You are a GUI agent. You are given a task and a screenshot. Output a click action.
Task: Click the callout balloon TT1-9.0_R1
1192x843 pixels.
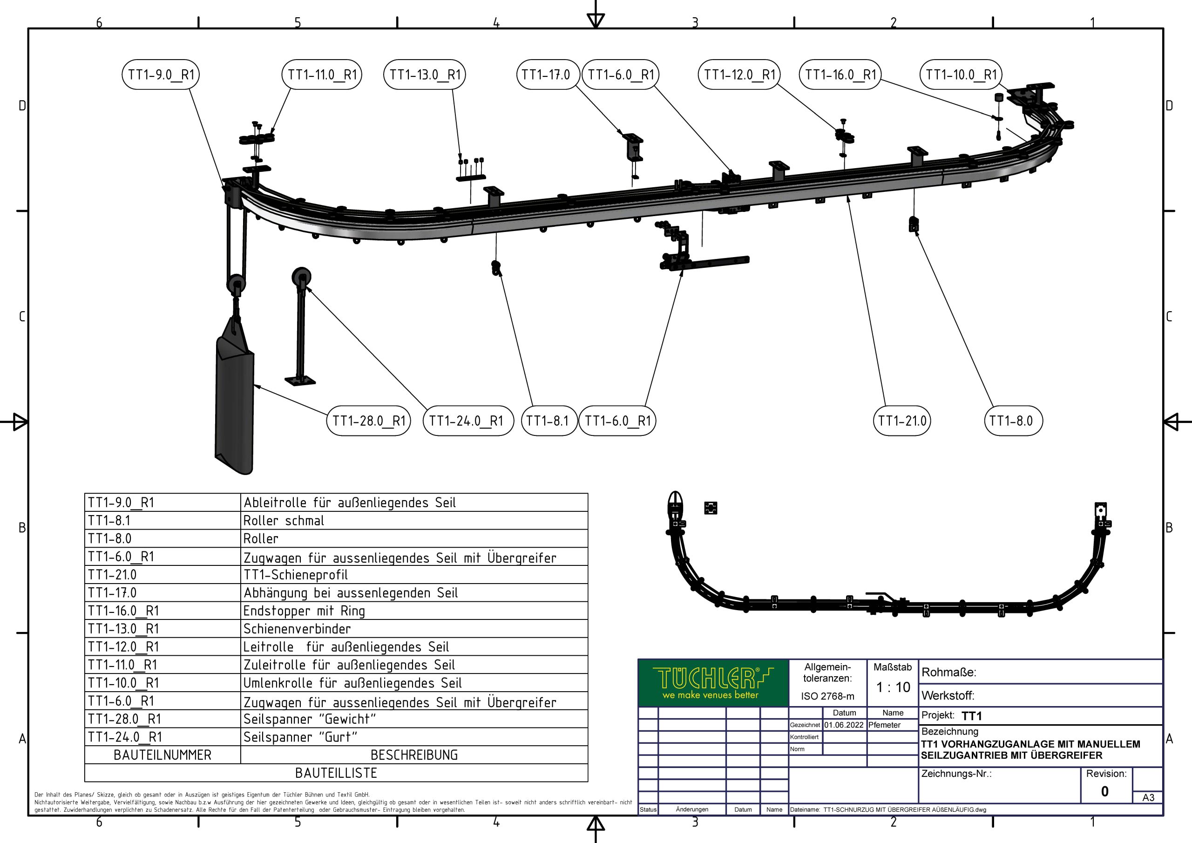pos(161,75)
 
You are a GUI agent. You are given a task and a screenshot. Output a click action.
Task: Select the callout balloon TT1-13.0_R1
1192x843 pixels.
pos(425,75)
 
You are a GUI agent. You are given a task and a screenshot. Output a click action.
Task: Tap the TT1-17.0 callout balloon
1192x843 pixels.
pos(546,75)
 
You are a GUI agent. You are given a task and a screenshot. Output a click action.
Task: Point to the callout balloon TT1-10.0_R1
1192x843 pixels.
pos(961,75)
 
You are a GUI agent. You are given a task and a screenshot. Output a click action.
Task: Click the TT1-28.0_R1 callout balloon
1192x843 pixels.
pos(369,421)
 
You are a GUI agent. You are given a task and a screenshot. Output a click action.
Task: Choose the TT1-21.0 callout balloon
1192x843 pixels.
pos(902,421)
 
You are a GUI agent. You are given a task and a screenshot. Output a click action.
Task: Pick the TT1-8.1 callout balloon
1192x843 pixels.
pos(548,421)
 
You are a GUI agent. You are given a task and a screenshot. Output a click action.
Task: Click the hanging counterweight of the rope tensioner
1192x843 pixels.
pos(235,400)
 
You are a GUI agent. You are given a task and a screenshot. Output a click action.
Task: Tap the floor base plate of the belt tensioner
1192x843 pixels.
pos(300,381)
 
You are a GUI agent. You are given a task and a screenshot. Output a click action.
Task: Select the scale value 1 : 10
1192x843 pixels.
pos(893,687)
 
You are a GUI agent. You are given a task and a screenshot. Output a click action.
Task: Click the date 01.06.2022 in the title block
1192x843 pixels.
pos(844,725)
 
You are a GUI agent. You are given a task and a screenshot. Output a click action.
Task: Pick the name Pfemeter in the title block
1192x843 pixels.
pos(885,725)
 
